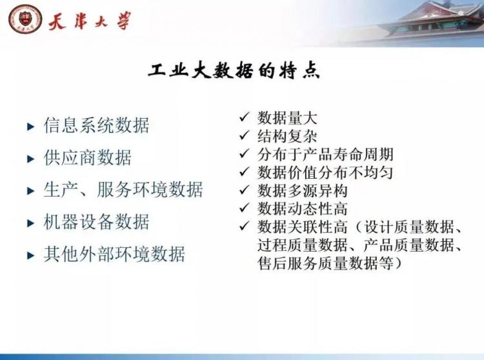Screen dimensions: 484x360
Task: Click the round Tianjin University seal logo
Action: tap(25, 19)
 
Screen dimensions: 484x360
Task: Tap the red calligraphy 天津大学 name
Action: tap(89, 21)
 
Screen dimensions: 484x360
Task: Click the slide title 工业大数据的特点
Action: tap(234, 71)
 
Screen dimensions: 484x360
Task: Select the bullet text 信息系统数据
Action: tap(96, 125)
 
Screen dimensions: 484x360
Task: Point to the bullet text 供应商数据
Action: tap(88, 157)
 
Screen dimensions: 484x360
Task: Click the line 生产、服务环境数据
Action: tap(123, 190)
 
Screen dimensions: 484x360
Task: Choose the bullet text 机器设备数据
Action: tap(96, 222)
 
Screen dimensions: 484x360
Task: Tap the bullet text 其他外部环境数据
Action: tap(114, 254)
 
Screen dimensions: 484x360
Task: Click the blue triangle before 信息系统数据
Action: tap(30, 126)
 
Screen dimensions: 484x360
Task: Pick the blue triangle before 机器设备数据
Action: tap(30, 223)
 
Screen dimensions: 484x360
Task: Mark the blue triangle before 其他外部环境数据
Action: tap(30, 255)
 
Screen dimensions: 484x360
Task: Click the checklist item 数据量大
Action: tap(287, 118)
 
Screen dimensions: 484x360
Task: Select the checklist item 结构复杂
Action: tap(287, 136)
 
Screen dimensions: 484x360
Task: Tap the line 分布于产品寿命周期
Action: tap(325, 154)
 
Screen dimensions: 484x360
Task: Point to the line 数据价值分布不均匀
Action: tap(325, 172)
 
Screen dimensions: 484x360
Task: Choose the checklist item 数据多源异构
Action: tap(303, 190)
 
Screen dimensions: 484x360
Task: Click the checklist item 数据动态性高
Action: tap(303, 209)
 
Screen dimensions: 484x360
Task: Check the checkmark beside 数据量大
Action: tap(244, 117)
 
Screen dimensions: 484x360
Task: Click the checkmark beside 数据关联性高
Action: tap(244, 226)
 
